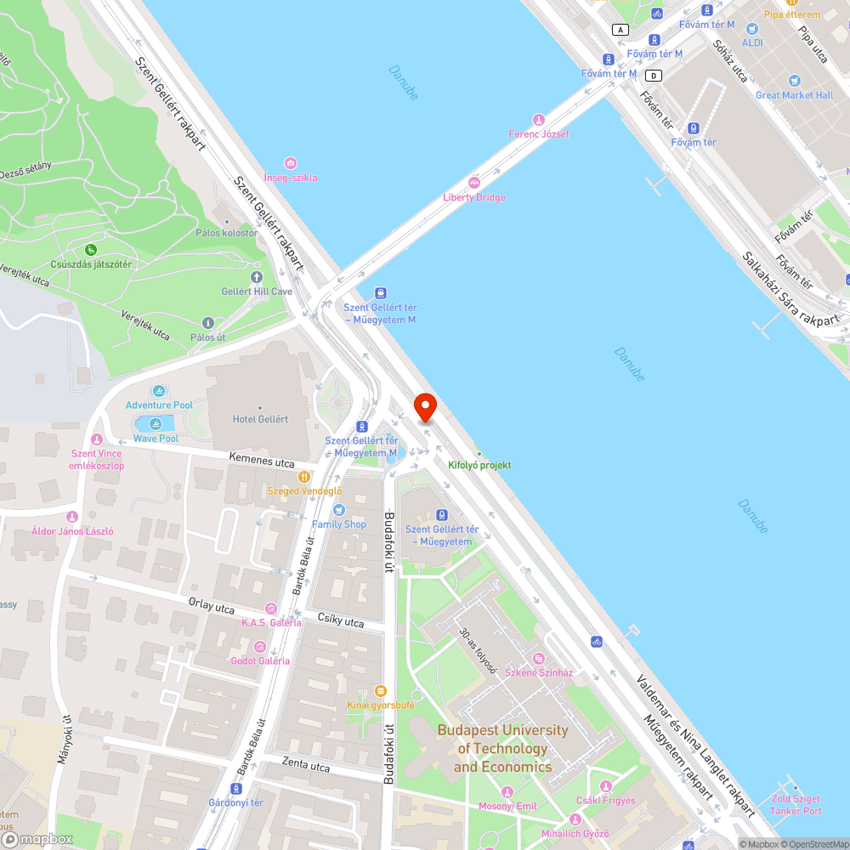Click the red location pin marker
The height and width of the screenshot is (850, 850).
[425, 406]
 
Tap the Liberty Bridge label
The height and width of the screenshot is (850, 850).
[474, 197]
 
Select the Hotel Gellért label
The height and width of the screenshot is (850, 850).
[260, 419]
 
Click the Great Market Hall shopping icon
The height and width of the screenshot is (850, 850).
[795, 81]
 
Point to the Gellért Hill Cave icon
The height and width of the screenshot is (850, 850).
[257, 277]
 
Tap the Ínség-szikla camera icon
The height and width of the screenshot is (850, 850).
[291, 163]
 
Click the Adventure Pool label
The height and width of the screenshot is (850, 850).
[159, 405]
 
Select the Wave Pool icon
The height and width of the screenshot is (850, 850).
[156, 424]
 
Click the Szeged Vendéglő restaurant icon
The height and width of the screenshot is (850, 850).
[303, 478]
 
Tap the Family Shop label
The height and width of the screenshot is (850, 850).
[338, 524]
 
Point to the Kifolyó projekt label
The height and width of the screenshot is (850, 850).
[479, 465]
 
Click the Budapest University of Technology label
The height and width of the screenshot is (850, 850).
[502, 749]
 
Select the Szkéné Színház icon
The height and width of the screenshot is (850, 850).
[538, 659]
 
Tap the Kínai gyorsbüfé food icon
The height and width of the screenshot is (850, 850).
[381, 691]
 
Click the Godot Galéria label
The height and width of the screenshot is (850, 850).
[260, 660]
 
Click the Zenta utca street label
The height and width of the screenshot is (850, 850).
[306, 767]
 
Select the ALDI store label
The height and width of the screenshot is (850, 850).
[752, 42]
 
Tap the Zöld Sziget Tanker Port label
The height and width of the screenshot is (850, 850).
[796, 805]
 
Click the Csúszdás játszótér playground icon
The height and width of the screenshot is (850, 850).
[91, 250]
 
